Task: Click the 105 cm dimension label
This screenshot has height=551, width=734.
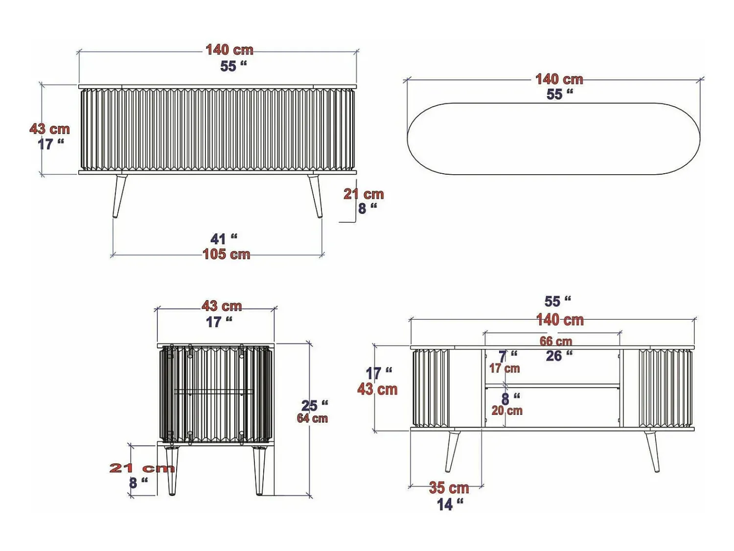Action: [227, 254]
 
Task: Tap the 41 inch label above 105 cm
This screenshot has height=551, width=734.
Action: [224, 239]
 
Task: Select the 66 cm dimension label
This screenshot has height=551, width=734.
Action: [556, 341]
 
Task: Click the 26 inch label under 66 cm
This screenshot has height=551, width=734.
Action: [559, 356]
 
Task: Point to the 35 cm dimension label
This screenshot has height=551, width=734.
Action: [449, 488]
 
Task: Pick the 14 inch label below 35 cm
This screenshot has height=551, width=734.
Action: [450, 505]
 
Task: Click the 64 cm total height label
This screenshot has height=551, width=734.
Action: [312, 418]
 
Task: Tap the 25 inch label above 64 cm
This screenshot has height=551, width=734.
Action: [315, 405]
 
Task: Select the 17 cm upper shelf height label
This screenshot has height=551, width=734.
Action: [505, 368]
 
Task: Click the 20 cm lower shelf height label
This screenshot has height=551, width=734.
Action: [507, 411]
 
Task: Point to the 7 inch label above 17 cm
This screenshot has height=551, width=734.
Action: [508, 356]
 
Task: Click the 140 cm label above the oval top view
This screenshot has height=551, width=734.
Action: [559, 79]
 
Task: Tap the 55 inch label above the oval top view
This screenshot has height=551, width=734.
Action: [560, 94]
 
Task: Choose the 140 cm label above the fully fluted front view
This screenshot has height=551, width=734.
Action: [229, 50]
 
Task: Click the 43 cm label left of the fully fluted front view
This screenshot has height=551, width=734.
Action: [49, 129]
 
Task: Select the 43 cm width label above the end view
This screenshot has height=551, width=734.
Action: [221, 306]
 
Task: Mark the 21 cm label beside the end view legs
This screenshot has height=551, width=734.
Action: [142, 468]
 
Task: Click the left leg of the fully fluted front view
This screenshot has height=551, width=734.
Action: [119, 196]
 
